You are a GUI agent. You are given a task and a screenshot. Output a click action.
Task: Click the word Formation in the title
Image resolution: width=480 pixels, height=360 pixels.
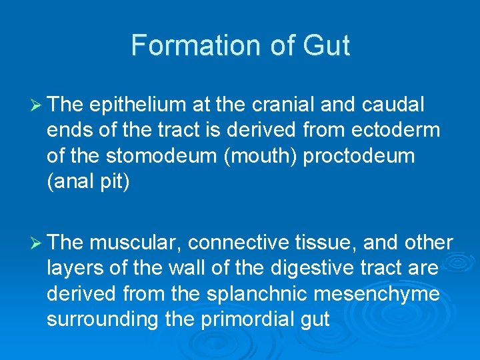coord(183,45)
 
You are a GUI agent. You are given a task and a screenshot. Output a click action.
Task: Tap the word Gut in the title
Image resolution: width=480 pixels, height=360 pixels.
coord(326,45)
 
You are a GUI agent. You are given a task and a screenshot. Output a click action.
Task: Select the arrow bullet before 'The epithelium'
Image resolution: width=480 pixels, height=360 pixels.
coord(37,105)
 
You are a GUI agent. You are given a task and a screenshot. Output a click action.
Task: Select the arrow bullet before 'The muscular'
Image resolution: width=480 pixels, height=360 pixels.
coord(37,243)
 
